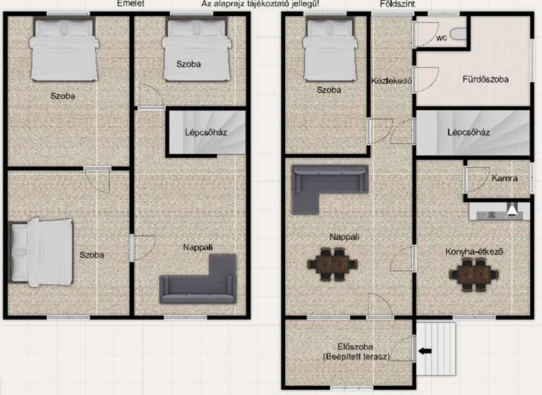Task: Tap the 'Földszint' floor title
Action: (x=398, y=4)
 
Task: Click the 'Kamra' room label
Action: (x=505, y=178)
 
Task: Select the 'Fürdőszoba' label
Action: (x=486, y=80)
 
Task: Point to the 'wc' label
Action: (x=442, y=37)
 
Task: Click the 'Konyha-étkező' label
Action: (x=474, y=251)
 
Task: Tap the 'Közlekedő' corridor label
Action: (x=392, y=80)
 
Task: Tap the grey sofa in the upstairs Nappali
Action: (x=200, y=281)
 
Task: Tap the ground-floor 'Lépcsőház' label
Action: (x=469, y=132)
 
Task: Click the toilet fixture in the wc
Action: (x=458, y=33)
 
